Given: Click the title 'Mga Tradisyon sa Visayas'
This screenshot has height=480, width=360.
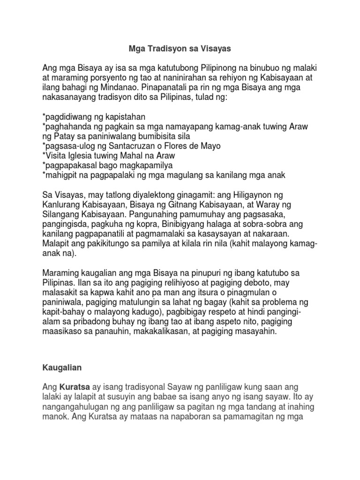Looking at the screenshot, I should click(x=180, y=48).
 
